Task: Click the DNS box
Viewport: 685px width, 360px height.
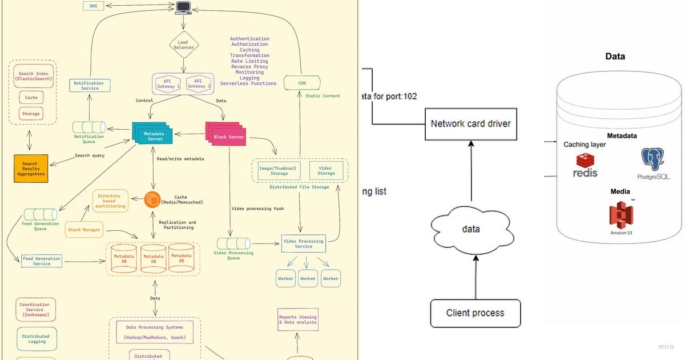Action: tap(93, 6)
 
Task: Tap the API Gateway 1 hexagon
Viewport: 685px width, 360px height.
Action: tap(168, 84)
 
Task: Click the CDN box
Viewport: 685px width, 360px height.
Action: tap(302, 83)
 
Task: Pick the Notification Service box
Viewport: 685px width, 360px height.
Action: tap(89, 86)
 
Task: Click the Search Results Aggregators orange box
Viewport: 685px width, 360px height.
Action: tap(30, 169)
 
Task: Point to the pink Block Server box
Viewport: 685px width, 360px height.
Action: tap(228, 136)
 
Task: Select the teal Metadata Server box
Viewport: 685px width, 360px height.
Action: tap(151, 135)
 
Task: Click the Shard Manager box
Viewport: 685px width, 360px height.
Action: tap(84, 230)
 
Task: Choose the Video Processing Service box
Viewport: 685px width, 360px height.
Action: tap(304, 243)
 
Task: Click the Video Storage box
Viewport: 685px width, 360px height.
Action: tap(327, 170)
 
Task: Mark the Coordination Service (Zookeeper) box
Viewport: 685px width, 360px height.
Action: tap(35, 309)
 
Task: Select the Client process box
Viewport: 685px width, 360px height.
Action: tap(476, 313)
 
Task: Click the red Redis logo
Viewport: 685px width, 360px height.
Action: tap(586, 165)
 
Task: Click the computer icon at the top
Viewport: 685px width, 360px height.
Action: tap(183, 7)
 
